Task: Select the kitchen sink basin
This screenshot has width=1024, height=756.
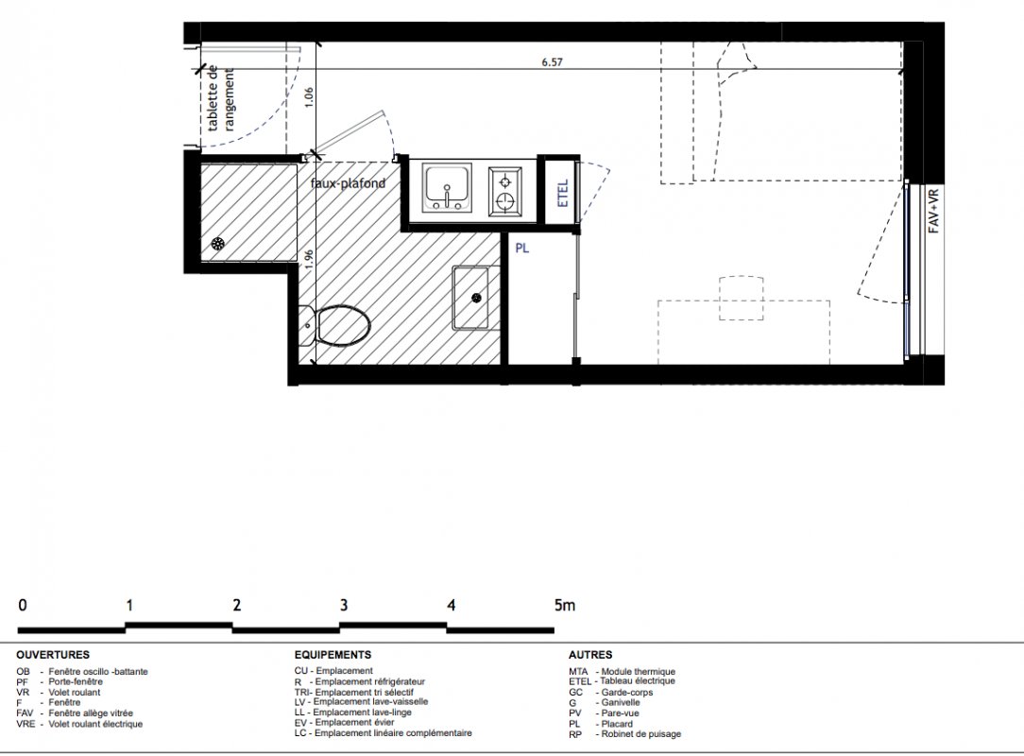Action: click(x=447, y=187)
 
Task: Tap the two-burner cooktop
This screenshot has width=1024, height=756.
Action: click(x=504, y=190)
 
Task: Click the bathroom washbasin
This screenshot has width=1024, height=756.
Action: click(x=476, y=298)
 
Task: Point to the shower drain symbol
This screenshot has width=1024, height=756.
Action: click(x=217, y=245)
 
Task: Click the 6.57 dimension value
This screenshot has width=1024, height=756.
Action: click(x=552, y=62)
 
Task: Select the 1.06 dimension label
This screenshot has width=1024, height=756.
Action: click(x=309, y=97)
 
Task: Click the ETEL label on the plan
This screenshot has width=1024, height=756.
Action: click(x=563, y=194)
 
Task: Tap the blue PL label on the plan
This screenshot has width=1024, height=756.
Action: click(x=521, y=249)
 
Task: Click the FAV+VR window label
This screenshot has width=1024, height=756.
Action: click(x=934, y=211)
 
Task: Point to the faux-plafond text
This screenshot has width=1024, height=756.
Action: click(x=348, y=183)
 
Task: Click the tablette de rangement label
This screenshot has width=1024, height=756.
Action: click(x=221, y=98)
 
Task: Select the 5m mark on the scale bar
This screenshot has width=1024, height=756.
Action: click(x=565, y=605)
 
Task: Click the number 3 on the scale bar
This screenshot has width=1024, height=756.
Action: click(x=344, y=605)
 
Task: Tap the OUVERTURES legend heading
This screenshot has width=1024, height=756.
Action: click(x=53, y=655)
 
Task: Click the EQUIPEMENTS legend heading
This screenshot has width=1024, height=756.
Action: click(x=333, y=655)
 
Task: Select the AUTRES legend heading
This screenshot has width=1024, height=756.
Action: click(x=590, y=655)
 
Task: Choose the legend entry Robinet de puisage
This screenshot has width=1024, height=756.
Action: click(x=625, y=733)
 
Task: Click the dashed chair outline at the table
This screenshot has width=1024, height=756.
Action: click(x=742, y=298)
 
